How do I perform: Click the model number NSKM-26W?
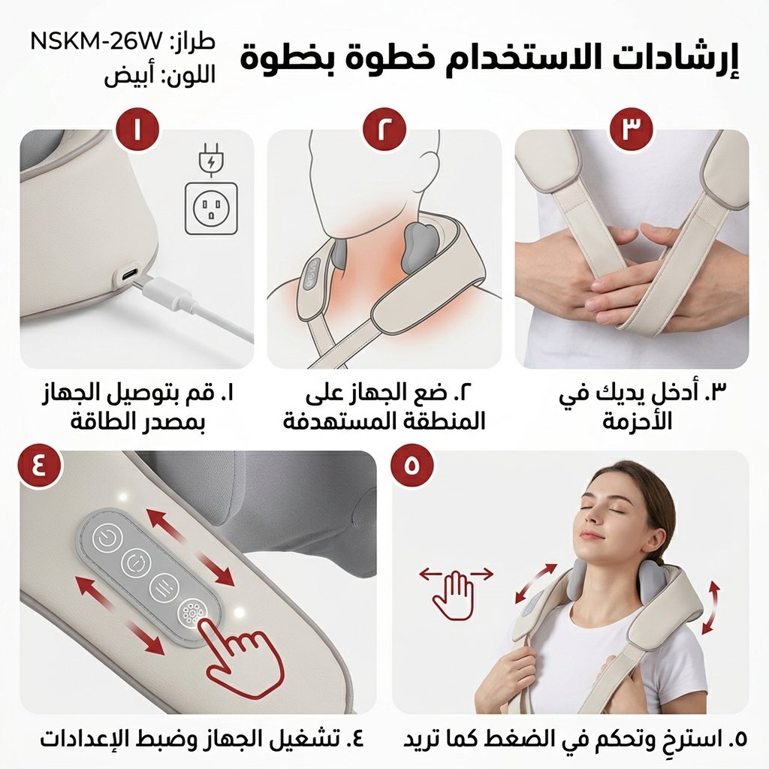pos(95,41)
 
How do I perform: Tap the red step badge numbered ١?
pos(137,129)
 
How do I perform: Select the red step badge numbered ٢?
pos(385,129)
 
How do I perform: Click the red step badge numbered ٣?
pos(631,129)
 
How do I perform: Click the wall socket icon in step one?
pos(211,208)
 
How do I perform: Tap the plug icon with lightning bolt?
pos(211,158)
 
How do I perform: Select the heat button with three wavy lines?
pos(162,586)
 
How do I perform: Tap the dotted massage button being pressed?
pos(190,613)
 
